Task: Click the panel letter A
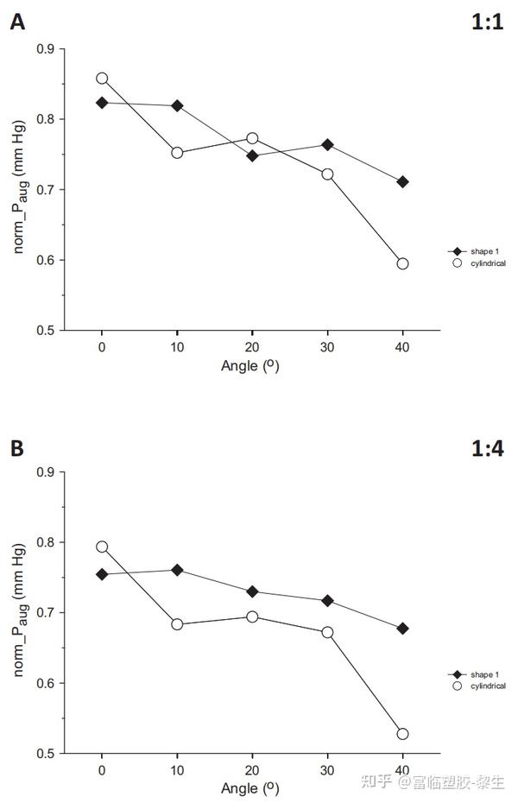click(x=16, y=23)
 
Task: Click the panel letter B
click(x=16, y=448)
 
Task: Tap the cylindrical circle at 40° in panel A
click(x=402, y=263)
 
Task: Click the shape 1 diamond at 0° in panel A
click(x=102, y=103)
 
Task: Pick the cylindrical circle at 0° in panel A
click(x=102, y=78)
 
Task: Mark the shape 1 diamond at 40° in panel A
click(x=402, y=182)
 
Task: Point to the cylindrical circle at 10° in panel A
click(x=177, y=153)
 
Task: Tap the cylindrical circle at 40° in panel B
click(x=402, y=734)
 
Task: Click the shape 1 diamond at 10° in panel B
click(x=177, y=570)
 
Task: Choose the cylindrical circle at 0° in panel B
click(x=102, y=547)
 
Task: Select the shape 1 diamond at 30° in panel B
click(x=327, y=600)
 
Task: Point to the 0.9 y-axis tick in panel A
click(x=64, y=49)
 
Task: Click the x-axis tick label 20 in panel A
click(x=252, y=347)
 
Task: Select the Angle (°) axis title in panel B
click(x=250, y=788)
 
